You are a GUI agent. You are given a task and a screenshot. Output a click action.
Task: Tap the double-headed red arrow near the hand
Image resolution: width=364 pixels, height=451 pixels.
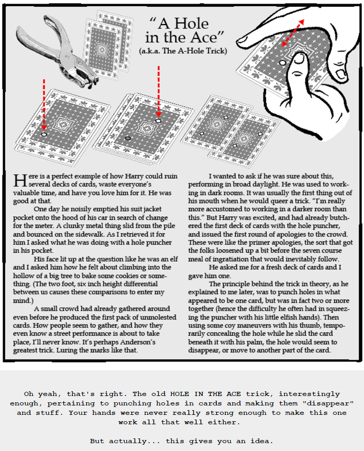(293, 33)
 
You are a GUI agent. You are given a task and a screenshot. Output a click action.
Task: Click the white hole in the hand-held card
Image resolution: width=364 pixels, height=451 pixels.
(283, 62)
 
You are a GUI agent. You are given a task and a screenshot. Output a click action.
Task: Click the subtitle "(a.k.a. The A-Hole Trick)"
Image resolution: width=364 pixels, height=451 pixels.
(183, 51)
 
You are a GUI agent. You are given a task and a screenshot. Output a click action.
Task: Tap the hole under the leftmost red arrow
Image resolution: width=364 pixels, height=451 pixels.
(43, 135)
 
